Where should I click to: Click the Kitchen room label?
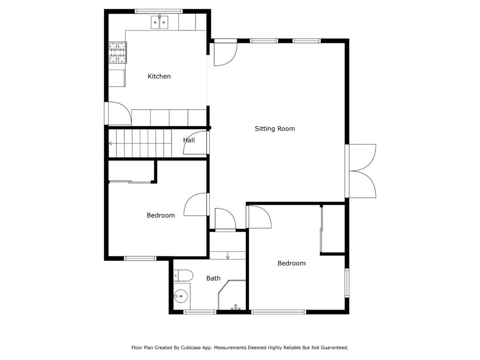[x=159, y=76]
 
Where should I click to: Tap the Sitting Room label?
[x=275, y=128]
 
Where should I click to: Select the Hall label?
[x=189, y=140]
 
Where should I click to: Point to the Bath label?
[x=213, y=278]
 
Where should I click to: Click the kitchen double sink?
[x=159, y=22]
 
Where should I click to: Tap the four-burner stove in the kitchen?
[x=118, y=52]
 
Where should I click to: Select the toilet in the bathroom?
[x=183, y=276]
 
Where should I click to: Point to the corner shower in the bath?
[x=232, y=295]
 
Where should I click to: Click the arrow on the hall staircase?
[x=111, y=143]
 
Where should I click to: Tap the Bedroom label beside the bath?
[x=292, y=263]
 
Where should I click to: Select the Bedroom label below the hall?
[x=161, y=216]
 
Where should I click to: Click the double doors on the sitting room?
[x=362, y=171]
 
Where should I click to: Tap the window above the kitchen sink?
[x=158, y=11]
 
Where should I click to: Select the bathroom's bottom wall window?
[x=200, y=312]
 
